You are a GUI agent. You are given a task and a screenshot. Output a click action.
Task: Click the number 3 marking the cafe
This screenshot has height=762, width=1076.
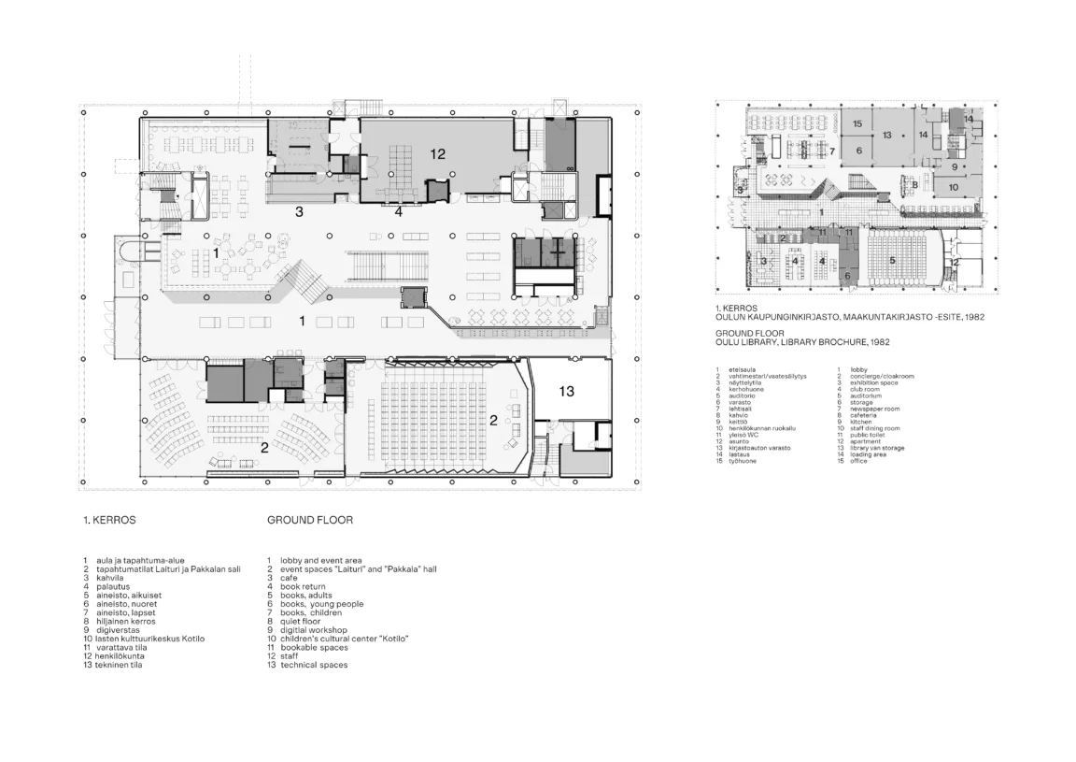(299, 212)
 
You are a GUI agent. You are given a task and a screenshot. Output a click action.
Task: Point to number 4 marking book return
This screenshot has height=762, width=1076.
(398, 212)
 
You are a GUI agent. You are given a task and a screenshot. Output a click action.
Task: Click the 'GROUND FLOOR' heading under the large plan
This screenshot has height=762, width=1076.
(310, 520)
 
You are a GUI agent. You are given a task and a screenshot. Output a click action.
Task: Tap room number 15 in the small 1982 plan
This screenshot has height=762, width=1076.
(857, 123)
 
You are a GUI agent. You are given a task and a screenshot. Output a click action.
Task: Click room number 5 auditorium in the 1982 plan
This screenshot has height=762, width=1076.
(892, 260)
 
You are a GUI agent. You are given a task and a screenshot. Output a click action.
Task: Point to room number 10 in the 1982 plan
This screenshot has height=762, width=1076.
(953, 187)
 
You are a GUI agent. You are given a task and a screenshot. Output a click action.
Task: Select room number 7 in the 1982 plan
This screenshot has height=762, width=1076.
(831, 151)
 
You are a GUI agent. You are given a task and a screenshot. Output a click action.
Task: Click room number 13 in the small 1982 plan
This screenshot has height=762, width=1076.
(887, 136)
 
